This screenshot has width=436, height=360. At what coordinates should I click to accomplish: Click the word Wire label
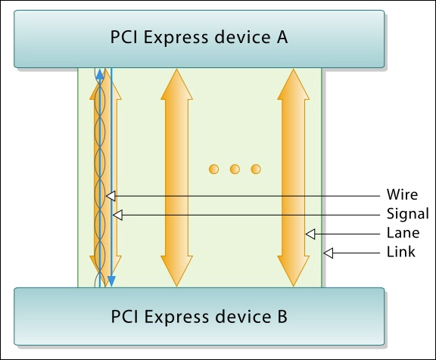pyautogui.click(x=402, y=194)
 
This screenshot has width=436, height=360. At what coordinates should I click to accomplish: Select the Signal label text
pyautogui.click(x=408, y=214)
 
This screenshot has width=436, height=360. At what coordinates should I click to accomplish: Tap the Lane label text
pyautogui.click(x=403, y=233)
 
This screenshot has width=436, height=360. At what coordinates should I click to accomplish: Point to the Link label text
pyautogui.click(x=400, y=252)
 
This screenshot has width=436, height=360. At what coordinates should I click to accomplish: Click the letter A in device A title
pyautogui.click(x=282, y=37)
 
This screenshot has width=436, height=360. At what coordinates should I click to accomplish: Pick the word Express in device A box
pyautogui.click(x=176, y=38)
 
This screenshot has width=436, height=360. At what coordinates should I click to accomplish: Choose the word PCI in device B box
pyautogui.click(x=124, y=316)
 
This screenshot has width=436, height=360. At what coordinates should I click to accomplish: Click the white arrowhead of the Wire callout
pyautogui.click(x=111, y=196)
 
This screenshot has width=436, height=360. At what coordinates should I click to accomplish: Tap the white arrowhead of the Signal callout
pyautogui.click(x=117, y=215)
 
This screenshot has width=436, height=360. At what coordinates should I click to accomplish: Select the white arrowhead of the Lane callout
pyautogui.click(x=310, y=234)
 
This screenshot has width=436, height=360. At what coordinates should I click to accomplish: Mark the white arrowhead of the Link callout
pyautogui.click(x=328, y=253)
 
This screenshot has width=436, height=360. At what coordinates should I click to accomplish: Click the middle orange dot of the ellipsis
pyautogui.click(x=235, y=169)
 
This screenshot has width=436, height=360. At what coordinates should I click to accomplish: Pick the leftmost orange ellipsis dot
pyautogui.click(x=213, y=169)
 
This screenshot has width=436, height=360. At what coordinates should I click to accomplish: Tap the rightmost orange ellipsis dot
pyautogui.click(x=256, y=169)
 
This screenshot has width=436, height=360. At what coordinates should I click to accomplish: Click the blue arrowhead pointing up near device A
pyautogui.click(x=100, y=75)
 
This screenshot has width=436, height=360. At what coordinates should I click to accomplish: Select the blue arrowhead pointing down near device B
pyautogui.click(x=111, y=281)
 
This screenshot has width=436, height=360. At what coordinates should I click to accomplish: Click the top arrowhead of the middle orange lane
pyautogui.click(x=176, y=84)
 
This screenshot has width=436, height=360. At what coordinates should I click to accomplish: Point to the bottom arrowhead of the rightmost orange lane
pyautogui.click(x=294, y=271)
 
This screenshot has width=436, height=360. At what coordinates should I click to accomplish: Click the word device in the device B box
pyautogui.click(x=241, y=316)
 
